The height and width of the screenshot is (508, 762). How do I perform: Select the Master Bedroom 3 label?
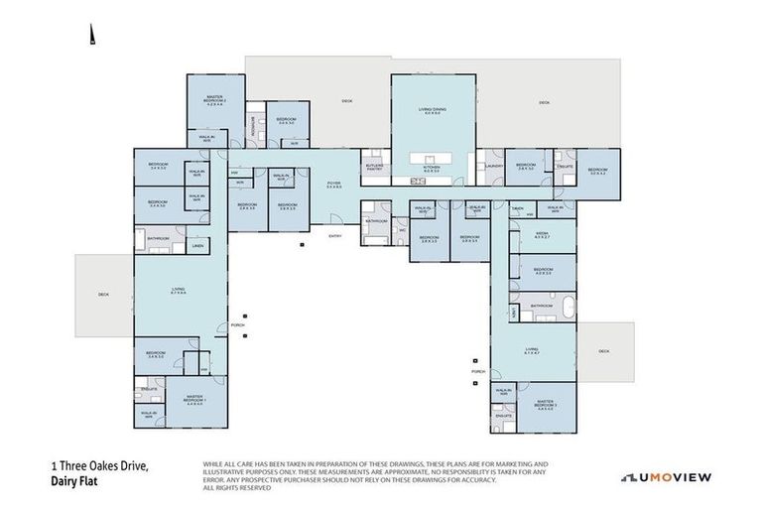click(545, 404)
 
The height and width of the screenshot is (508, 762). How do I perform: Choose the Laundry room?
click(492, 167)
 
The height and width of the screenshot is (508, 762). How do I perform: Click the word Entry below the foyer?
click(335, 235)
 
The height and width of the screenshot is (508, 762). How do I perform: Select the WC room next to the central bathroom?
click(402, 231)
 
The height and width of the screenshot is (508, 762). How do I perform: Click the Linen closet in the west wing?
click(197, 245)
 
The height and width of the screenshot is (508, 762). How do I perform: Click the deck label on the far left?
click(103, 294)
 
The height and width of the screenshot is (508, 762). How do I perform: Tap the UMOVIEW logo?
click(666, 477)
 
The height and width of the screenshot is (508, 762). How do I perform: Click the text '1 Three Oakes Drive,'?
click(100, 464)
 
